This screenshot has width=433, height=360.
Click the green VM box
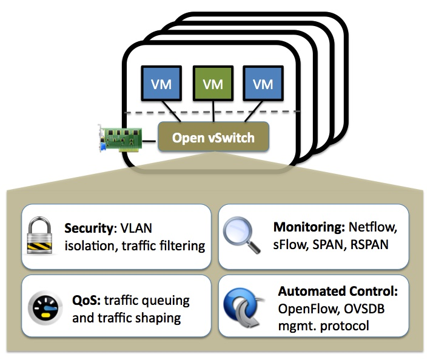[213, 84]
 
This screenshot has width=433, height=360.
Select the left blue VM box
[161, 84]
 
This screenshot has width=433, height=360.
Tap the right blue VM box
[263, 84]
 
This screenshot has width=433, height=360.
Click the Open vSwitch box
[212, 138]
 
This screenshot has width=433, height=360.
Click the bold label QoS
[85, 301]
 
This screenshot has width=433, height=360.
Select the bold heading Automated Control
[338, 291]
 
